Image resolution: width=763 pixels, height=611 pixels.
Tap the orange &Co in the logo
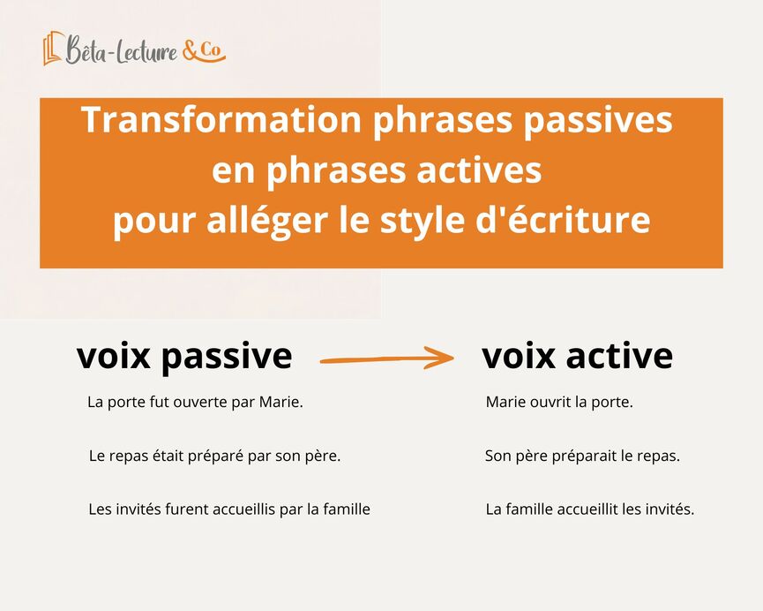[204, 52]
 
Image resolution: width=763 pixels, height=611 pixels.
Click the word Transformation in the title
[221, 121]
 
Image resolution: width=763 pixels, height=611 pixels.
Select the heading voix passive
[184, 356]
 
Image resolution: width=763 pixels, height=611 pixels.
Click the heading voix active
[577, 356]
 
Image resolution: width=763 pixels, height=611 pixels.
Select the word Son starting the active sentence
[497, 456]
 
